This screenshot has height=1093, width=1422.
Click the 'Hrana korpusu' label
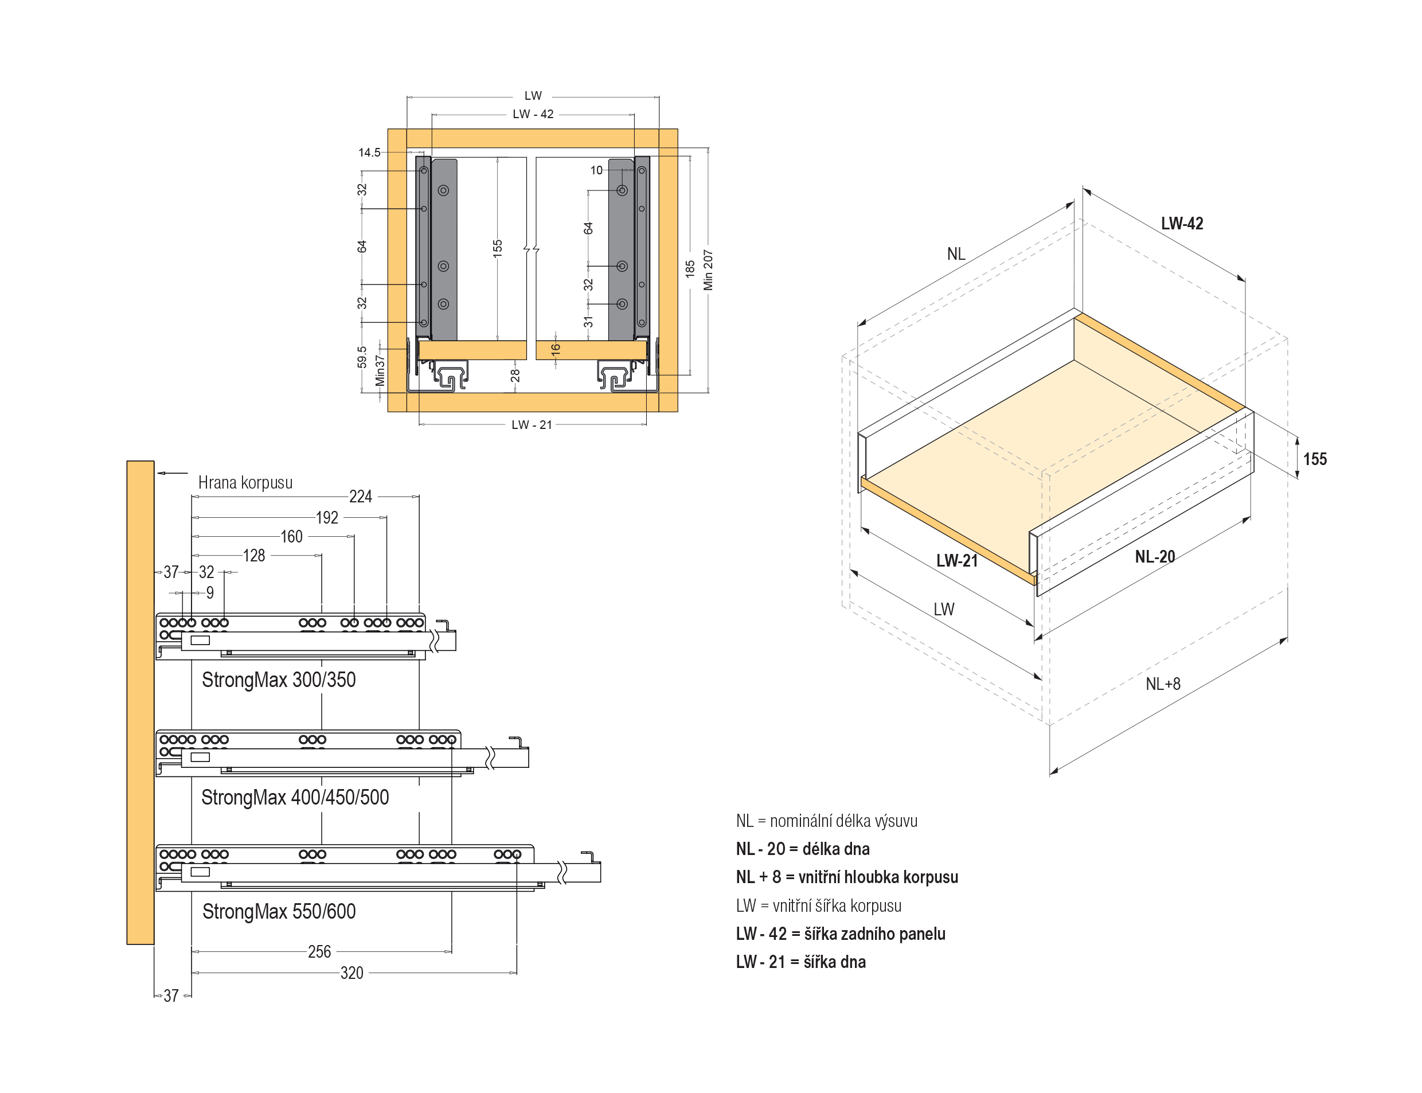(245, 483)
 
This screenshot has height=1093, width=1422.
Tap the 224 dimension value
(361, 497)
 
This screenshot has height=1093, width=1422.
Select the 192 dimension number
(327, 518)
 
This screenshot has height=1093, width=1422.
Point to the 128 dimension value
(253, 556)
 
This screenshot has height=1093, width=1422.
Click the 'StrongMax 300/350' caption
(279, 680)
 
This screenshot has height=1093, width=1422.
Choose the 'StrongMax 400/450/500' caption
(295, 797)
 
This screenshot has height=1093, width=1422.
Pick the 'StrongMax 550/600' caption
(279, 911)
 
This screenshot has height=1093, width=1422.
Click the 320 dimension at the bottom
(351, 973)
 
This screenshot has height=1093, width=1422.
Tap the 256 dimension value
(319, 952)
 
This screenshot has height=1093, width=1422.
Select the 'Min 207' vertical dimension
(708, 270)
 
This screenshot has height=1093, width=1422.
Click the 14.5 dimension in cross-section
(369, 152)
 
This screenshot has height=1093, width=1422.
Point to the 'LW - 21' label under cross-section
(532, 425)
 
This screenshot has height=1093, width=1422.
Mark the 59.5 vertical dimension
(362, 357)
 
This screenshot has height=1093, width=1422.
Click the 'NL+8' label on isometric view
(1162, 684)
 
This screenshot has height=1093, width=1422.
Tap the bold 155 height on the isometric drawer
(1315, 459)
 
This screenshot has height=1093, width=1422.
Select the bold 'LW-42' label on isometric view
(1182, 224)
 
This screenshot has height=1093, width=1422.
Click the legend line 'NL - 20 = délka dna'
(802, 849)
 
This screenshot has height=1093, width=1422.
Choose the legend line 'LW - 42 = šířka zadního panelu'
(841, 934)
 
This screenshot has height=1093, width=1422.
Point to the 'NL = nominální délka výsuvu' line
(826, 821)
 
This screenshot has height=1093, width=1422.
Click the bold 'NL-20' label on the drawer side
(1155, 557)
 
